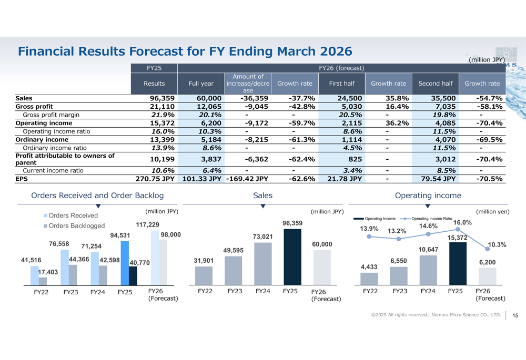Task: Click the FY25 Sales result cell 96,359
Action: tap(161, 98)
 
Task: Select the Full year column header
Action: tap(201, 84)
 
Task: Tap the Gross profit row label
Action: tap(31, 107)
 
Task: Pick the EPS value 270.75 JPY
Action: tap(155, 179)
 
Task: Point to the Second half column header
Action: tap(436, 84)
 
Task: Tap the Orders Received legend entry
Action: tap(73, 215)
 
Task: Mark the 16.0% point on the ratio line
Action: tap(457, 230)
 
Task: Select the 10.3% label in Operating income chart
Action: tap(497, 245)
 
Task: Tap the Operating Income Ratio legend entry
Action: tap(431, 218)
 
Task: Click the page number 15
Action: tap(515, 315)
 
